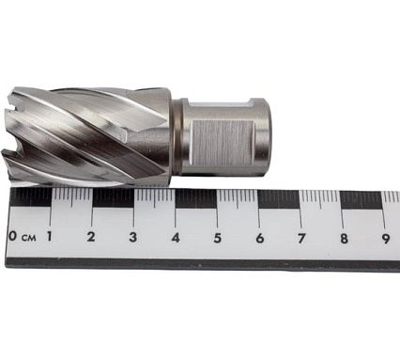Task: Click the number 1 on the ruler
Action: point(49,237)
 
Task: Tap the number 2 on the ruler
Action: point(91,237)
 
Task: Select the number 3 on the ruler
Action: point(132,237)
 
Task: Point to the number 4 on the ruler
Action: point(176,237)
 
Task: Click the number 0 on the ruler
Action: point(12,236)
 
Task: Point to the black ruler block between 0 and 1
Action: point(31,196)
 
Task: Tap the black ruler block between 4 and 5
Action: point(195,197)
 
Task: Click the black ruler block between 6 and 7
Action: point(279,198)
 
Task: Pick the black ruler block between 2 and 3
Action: point(113,197)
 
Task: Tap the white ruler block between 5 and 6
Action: point(238,198)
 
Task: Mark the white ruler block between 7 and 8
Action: point(320,198)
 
